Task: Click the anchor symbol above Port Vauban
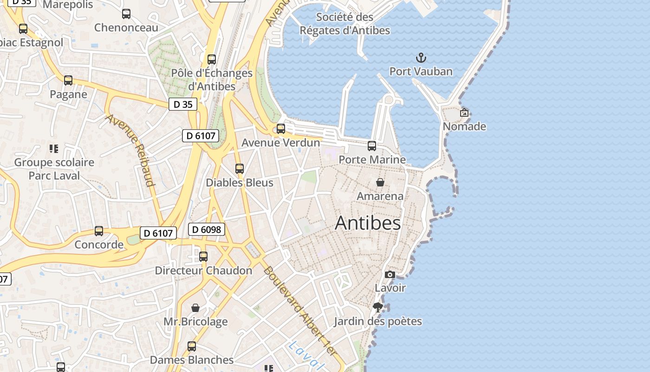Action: pos(421,58)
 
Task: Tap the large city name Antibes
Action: pos(368,223)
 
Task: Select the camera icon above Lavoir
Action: pos(390,275)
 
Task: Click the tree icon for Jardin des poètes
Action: pos(378,307)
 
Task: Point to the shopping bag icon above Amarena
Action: pos(380,182)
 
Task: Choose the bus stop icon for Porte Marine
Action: pos(372,146)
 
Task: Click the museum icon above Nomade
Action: pos(464,113)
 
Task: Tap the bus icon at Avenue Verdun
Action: pos(281,129)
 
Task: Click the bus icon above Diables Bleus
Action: pos(240,169)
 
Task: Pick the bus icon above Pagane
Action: pos(68,80)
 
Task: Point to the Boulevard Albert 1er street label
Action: pos(299,311)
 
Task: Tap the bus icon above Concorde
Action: pos(99,231)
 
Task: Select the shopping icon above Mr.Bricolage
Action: pos(195,308)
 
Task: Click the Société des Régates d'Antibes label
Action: pos(344,24)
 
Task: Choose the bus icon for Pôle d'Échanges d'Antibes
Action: pos(212,60)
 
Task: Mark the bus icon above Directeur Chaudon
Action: pos(203,257)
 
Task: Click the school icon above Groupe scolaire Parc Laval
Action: pos(54,149)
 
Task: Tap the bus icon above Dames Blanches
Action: pos(192,346)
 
